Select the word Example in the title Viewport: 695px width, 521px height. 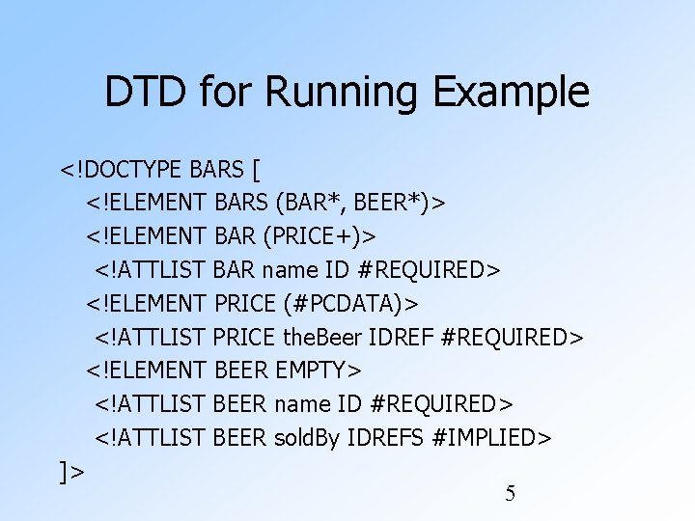coord(511,93)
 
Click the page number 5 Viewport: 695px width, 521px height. coord(511,494)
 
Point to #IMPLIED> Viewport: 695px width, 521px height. coord(491,437)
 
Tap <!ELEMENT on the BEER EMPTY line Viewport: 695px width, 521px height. coord(146,370)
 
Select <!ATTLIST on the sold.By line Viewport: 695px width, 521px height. coord(150,437)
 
